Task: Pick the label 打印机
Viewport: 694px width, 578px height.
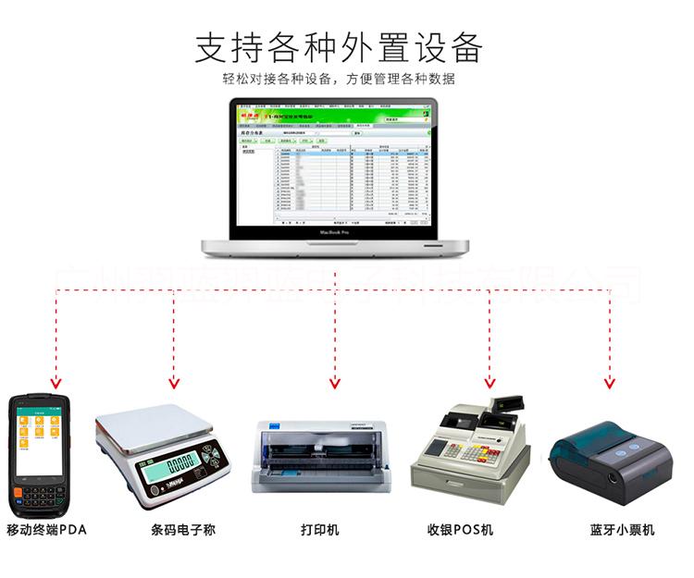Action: (320, 530)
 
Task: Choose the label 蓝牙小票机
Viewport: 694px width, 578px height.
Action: (622, 530)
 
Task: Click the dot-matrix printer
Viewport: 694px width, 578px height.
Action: (319, 457)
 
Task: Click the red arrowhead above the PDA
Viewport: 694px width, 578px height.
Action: (55, 382)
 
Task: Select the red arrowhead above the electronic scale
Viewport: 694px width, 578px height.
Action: (172, 382)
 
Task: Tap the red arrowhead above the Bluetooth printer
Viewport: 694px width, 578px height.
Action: (609, 382)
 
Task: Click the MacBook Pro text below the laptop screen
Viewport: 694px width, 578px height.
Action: (336, 233)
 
